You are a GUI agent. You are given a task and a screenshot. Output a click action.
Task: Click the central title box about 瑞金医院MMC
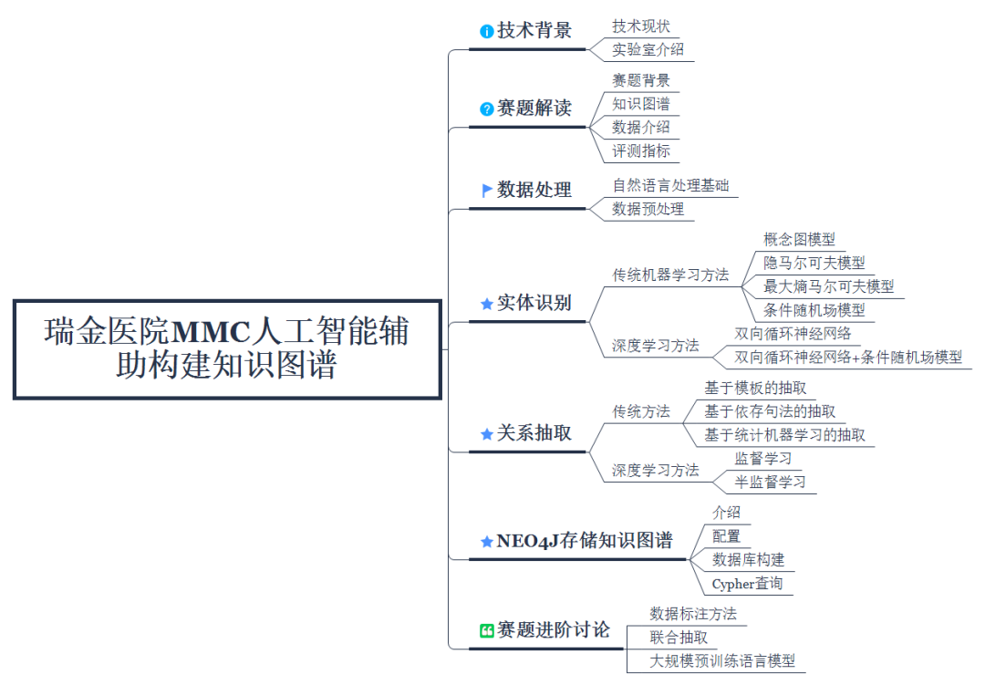click(x=227, y=348)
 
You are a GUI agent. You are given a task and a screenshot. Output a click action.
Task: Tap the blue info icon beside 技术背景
click(x=487, y=31)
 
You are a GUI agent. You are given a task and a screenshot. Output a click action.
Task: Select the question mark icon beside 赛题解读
click(x=487, y=109)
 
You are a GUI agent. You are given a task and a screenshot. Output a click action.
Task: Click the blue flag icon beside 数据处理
click(x=487, y=191)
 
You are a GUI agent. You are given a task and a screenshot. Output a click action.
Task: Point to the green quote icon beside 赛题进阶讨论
click(x=487, y=631)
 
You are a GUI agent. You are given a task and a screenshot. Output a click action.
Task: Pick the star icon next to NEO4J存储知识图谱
click(x=487, y=542)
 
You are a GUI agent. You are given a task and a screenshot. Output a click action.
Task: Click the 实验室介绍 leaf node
click(x=648, y=49)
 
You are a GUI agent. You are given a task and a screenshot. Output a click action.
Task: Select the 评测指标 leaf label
click(x=641, y=150)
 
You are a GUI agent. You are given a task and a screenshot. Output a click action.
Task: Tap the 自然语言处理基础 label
click(x=670, y=186)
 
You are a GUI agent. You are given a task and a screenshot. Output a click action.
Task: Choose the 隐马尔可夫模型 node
click(x=814, y=263)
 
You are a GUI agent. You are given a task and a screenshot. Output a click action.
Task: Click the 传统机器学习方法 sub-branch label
click(x=670, y=275)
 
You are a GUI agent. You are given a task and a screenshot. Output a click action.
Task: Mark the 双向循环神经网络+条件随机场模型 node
click(x=848, y=358)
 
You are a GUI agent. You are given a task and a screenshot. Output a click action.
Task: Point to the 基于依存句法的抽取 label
click(x=770, y=411)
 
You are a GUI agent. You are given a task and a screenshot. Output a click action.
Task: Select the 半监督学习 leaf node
click(x=771, y=482)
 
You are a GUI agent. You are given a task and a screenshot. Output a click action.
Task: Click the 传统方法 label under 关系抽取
click(x=641, y=411)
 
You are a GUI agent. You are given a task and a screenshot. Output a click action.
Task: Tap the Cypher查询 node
click(x=747, y=584)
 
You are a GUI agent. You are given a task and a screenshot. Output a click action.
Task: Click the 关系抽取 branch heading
click(x=534, y=433)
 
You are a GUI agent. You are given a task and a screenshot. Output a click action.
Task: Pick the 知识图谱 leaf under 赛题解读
click(x=641, y=104)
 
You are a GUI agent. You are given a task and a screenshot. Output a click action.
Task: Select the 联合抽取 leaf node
click(x=679, y=638)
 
